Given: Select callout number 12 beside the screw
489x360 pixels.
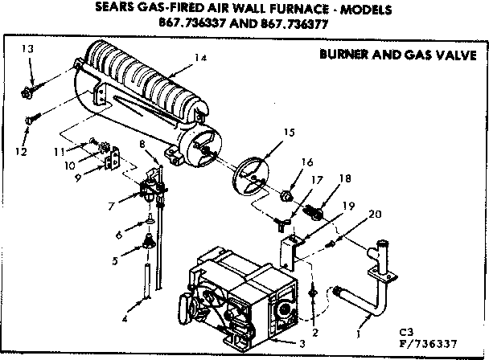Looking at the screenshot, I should tap(21, 152).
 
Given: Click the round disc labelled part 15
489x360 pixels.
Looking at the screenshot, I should tap(250, 174).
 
